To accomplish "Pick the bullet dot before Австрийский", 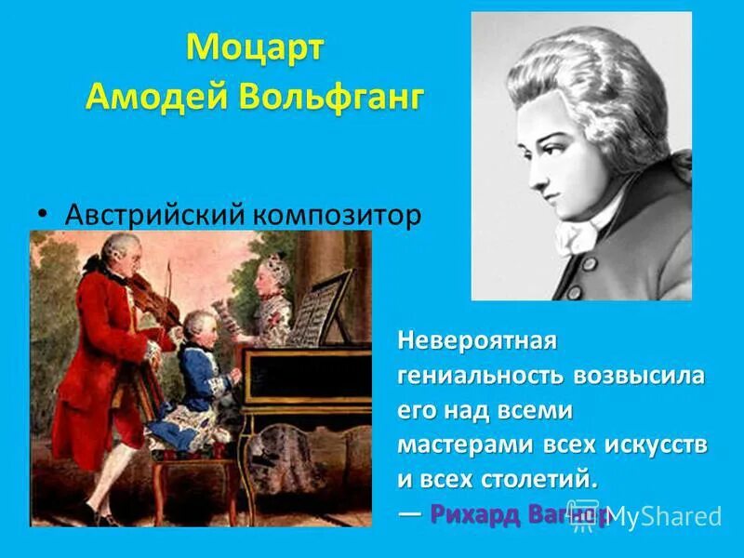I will pos(42,212).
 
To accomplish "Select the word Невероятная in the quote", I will pos(477,340).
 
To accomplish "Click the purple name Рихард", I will pos(465,513).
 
